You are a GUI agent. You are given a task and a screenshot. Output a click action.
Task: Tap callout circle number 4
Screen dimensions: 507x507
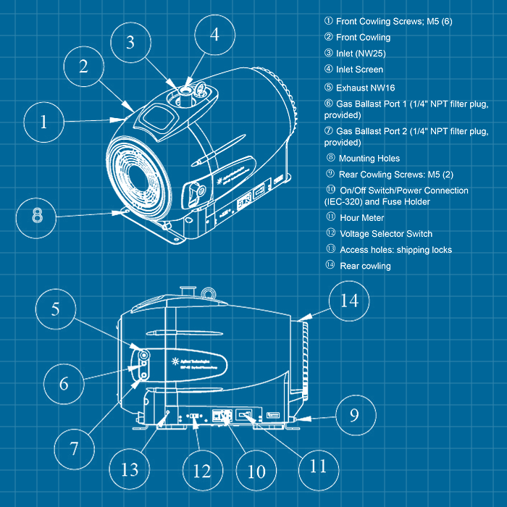click(214, 34)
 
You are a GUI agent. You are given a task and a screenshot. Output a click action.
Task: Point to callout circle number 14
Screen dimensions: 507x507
click(348, 299)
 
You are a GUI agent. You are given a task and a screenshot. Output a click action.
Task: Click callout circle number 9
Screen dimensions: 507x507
click(353, 415)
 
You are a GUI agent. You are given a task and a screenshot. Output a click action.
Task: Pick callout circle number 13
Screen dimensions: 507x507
click(129, 469)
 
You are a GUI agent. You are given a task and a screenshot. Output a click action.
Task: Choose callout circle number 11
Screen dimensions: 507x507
click(318, 466)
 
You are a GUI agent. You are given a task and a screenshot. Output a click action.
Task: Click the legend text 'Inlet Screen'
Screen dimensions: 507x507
click(359, 70)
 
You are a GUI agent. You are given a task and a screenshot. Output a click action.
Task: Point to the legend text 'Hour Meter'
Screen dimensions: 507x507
click(361, 217)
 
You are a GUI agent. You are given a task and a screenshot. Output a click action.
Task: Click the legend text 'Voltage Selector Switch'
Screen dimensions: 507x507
click(385, 234)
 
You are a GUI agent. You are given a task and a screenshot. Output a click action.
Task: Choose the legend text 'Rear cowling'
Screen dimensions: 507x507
click(365, 266)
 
